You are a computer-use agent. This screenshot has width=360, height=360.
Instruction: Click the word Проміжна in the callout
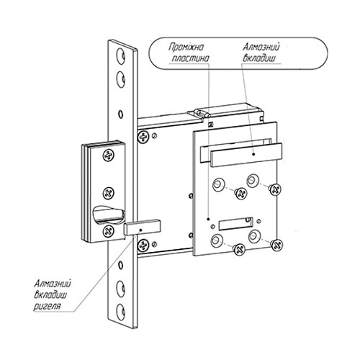186,48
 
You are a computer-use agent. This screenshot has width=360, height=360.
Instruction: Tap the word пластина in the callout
191,58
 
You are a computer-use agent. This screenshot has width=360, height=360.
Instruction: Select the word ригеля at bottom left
47,307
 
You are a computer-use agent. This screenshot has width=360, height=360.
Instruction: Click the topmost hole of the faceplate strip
121,56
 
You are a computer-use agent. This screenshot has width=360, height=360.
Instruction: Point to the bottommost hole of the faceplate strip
121,312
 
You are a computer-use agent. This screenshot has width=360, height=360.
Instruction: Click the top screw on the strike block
109,156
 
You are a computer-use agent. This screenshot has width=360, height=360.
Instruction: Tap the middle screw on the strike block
109,193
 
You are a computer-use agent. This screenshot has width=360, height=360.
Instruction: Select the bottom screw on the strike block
108,231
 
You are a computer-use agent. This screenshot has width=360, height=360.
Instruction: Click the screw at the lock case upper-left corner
143,138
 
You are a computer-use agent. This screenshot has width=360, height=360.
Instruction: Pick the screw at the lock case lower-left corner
143,246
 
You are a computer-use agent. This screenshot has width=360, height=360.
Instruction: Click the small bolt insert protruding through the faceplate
143,227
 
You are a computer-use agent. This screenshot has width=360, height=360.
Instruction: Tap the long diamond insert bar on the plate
246,155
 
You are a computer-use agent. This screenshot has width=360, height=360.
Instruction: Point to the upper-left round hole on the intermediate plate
217,185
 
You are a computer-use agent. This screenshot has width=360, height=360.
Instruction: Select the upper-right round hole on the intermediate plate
252,181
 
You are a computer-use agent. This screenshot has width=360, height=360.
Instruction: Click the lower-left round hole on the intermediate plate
217,240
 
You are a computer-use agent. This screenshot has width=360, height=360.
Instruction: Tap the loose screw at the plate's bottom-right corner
276,245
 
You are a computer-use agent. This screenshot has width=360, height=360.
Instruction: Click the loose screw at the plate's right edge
275,189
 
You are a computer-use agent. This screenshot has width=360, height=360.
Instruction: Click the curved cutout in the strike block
109,215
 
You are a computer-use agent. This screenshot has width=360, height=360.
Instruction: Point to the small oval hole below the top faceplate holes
121,114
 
